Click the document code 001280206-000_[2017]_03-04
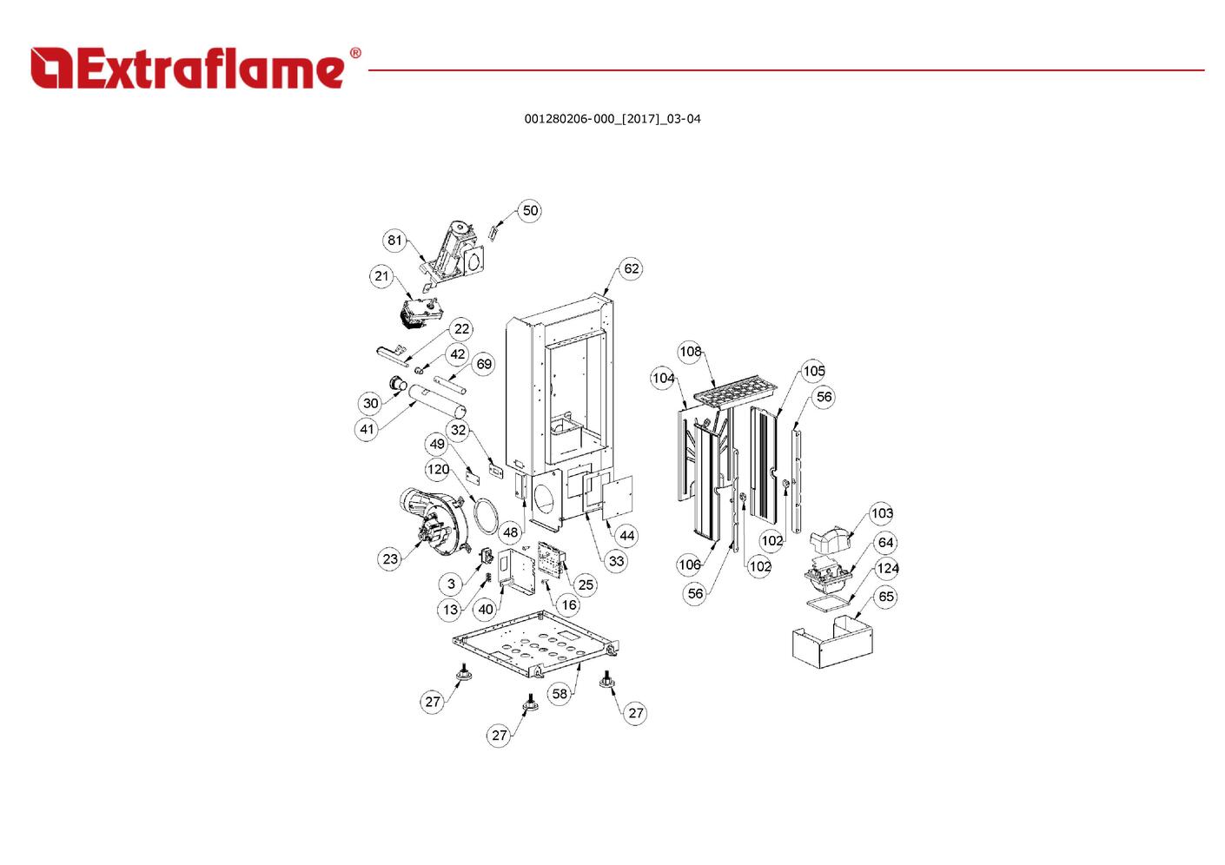click(x=612, y=119)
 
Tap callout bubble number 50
click(x=530, y=210)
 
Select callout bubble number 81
click(x=394, y=240)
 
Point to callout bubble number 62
click(x=631, y=268)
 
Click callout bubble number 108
click(x=690, y=351)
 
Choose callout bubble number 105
click(x=813, y=371)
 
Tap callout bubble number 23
click(x=390, y=558)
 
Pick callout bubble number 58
click(x=560, y=693)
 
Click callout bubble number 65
click(x=886, y=597)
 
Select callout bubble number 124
click(x=886, y=569)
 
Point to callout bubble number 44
click(x=626, y=535)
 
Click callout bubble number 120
click(x=438, y=469)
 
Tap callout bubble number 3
click(x=451, y=584)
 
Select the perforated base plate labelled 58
click(x=536, y=644)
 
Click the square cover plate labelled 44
click(x=618, y=498)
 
